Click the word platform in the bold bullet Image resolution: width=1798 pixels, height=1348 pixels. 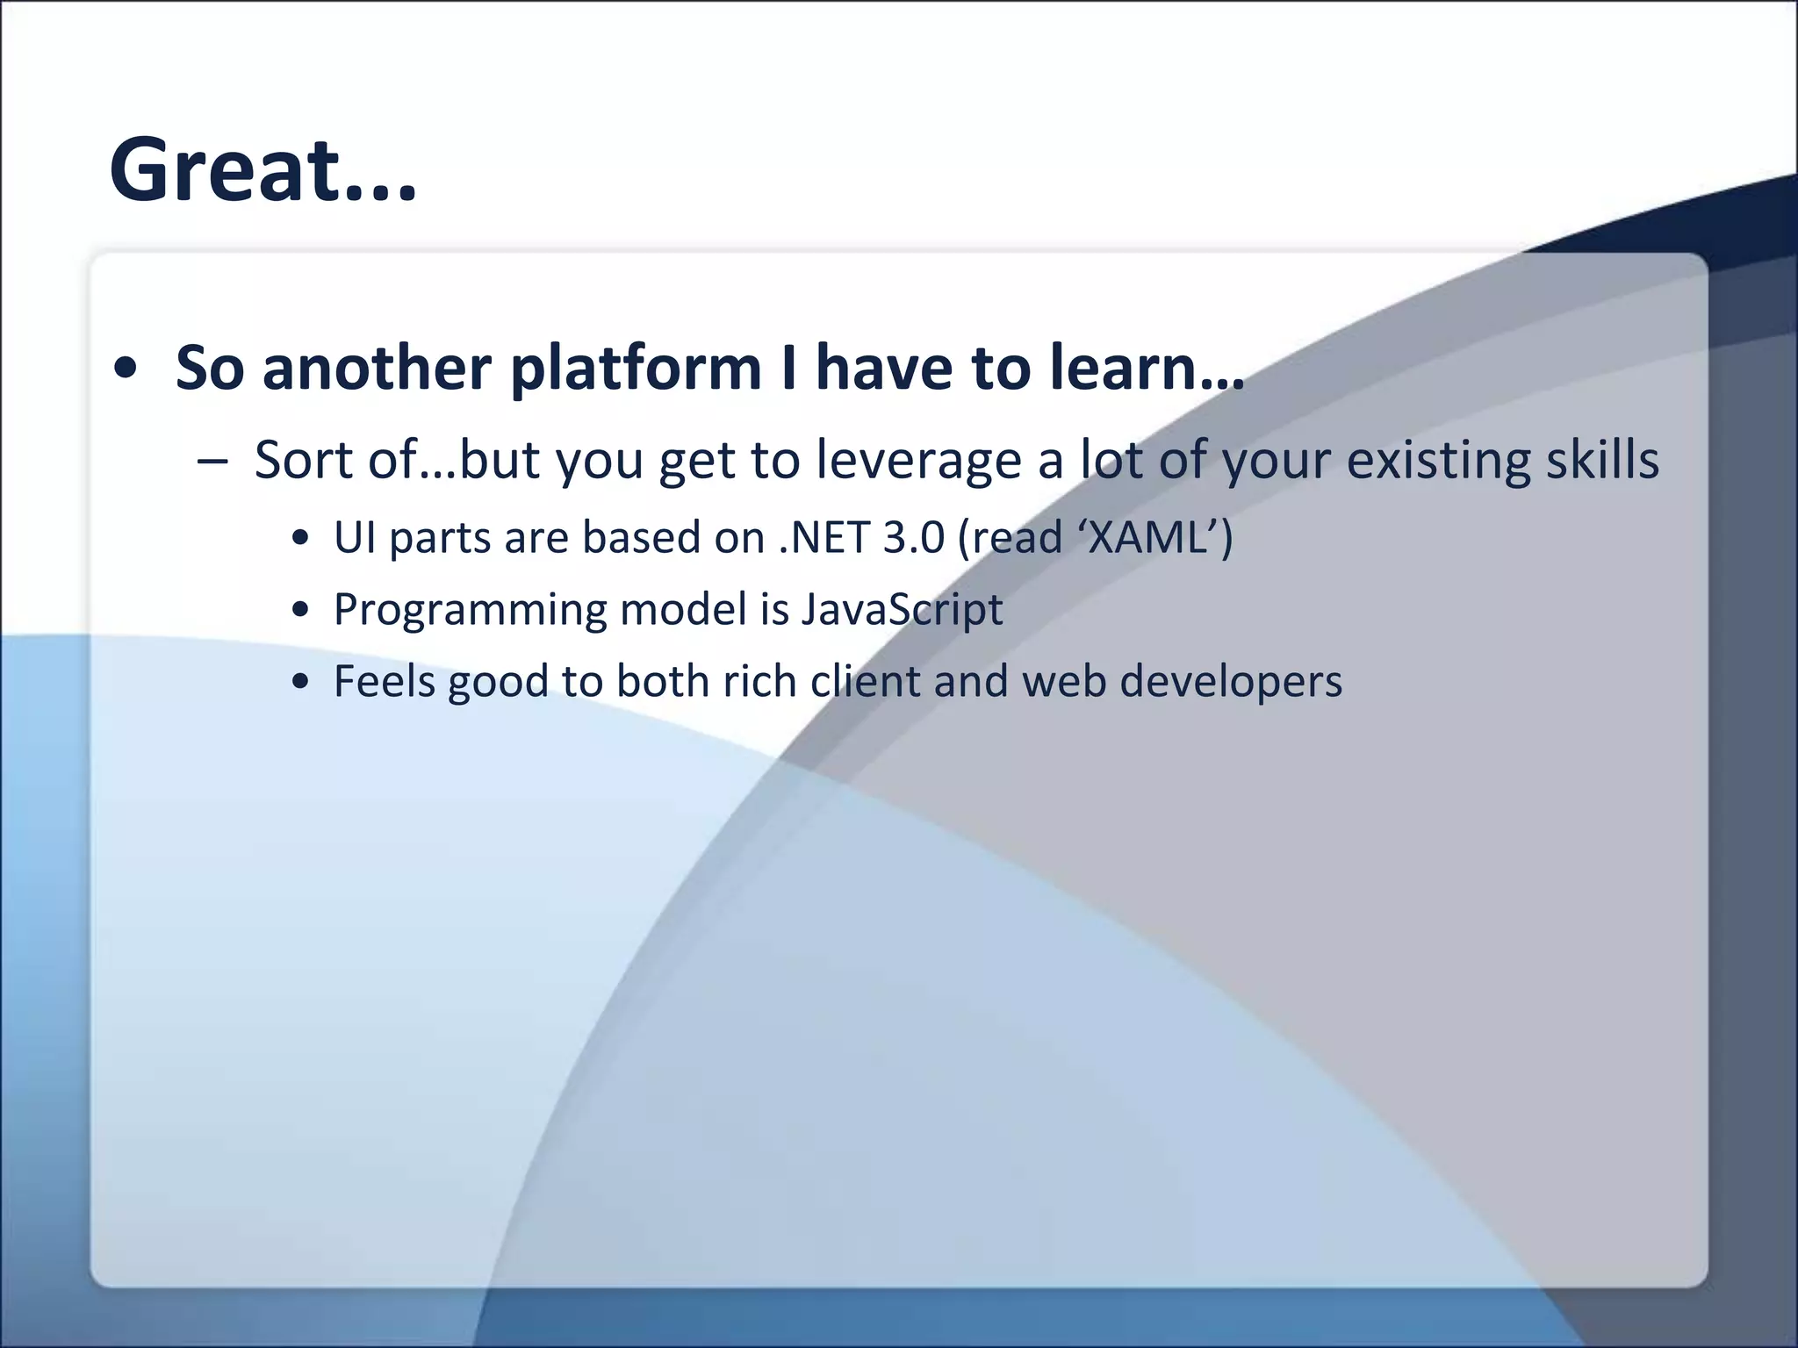click(x=635, y=367)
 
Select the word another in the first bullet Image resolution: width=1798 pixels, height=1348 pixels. click(x=377, y=367)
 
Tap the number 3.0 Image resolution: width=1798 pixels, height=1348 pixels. click(x=913, y=537)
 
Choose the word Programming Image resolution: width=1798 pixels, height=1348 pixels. click(x=471, y=609)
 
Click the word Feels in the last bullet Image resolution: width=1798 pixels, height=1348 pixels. click(x=384, y=681)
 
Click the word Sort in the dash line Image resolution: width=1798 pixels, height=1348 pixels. click(x=302, y=460)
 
